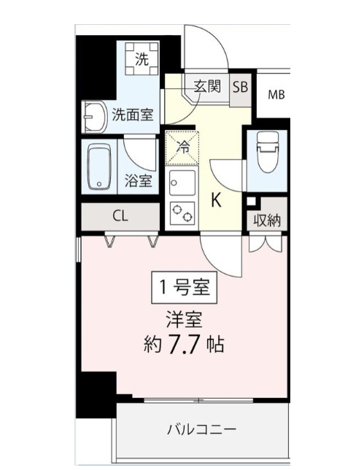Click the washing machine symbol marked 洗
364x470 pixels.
[x=140, y=58]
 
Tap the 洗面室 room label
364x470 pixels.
[x=133, y=115]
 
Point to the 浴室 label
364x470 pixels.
[x=138, y=181]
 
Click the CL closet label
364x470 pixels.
[x=121, y=216]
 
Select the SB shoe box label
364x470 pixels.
[x=240, y=85]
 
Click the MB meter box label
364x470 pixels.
[x=276, y=94]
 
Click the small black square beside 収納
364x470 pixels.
[x=251, y=201]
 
